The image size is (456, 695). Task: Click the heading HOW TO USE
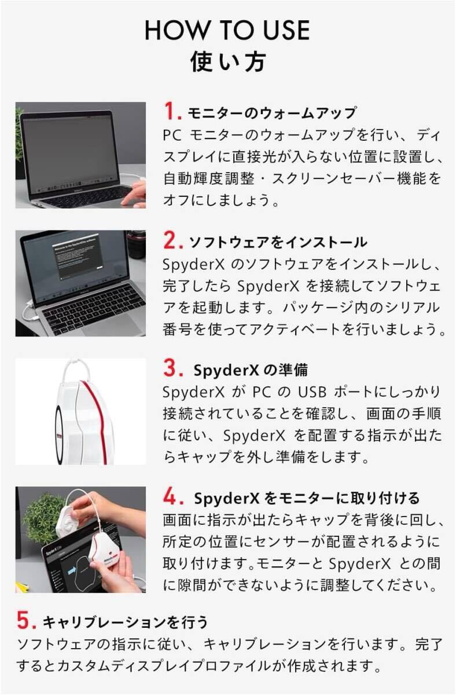point(227,30)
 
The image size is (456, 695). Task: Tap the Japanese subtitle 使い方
point(228,61)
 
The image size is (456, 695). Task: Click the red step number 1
point(172,111)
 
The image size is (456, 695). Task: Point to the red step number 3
point(173,368)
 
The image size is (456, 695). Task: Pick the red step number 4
point(173,496)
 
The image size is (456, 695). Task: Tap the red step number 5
point(27,620)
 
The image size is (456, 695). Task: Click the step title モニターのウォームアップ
point(272,113)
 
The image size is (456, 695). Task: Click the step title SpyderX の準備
point(251,370)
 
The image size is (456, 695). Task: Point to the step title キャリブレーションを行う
point(125,622)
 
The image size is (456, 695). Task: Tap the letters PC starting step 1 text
point(172,136)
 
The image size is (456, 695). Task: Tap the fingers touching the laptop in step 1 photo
point(134,195)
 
